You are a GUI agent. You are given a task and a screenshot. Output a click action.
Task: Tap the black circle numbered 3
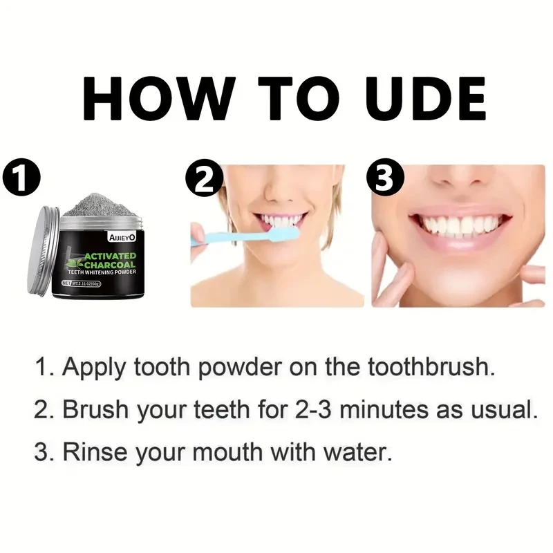(385, 178)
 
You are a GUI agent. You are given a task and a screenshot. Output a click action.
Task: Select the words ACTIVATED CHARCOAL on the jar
(111, 263)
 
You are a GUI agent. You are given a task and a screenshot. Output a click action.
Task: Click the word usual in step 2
(507, 410)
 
